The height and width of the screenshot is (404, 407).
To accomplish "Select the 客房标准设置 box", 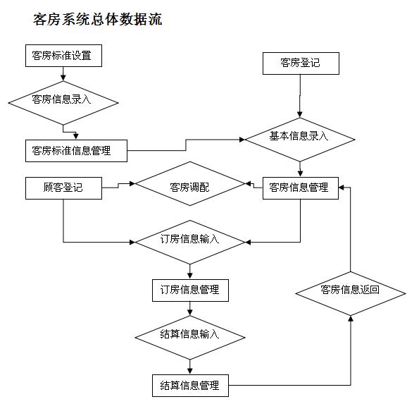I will (62, 55).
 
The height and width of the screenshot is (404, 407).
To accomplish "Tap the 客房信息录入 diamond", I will (63, 99).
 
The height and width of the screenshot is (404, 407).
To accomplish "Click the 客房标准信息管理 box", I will (77, 150).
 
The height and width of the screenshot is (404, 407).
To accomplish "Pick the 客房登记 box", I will (300, 63).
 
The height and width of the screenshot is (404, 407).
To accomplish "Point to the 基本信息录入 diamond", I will (299, 137).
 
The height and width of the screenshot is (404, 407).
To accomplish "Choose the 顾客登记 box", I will (63, 188).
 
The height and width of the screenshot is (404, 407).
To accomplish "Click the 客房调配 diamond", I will (189, 188).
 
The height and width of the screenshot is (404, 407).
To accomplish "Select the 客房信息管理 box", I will (299, 188).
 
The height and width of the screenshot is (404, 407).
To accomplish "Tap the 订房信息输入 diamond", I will (189, 239).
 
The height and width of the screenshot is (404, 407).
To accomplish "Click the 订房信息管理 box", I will (189, 289).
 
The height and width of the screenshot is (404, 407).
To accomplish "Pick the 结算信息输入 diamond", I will (189, 334).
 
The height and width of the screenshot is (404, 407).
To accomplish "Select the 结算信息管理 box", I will (189, 385).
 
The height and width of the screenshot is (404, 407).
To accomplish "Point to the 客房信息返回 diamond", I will (350, 290).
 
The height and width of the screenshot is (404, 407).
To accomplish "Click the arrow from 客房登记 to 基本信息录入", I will (300, 95).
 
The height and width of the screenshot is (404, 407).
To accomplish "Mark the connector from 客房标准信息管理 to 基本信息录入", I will (186, 144).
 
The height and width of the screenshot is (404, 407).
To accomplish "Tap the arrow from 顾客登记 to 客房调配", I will (118, 186).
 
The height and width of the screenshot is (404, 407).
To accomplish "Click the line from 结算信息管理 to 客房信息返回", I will (296, 385).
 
